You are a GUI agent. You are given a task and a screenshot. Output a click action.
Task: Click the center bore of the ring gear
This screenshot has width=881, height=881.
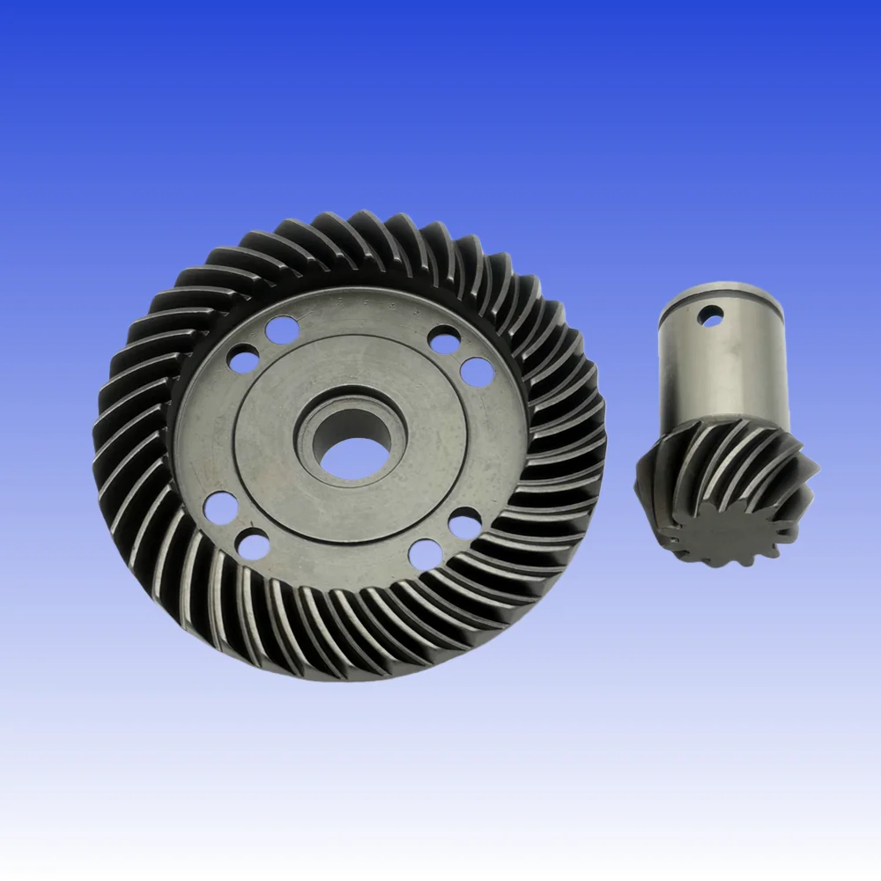pyautogui.click(x=351, y=448)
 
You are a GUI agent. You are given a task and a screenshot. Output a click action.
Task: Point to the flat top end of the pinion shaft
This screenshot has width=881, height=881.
pyautogui.click(x=721, y=292)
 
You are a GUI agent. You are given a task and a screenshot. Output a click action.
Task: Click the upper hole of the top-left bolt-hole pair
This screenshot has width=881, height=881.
pyautogui.click(x=281, y=329)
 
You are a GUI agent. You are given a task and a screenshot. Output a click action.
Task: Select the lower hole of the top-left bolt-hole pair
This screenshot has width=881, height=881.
pyautogui.click(x=243, y=358)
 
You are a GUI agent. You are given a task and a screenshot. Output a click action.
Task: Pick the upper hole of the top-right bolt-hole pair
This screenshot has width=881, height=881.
pyautogui.click(x=445, y=339)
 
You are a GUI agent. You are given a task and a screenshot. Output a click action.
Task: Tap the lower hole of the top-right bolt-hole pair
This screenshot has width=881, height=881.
pyautogui.click(x=477, y=371)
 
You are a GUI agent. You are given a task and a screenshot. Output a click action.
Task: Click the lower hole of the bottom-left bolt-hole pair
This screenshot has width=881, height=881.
pyautogui.click(x=254, y=545)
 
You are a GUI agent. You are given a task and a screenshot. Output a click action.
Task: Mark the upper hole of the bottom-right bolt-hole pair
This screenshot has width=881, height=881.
pyautogui.click(x=464, y=522)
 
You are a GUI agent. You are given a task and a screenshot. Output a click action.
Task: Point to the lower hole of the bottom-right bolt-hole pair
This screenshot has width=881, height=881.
pyautogui.click(x=426, y=553)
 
